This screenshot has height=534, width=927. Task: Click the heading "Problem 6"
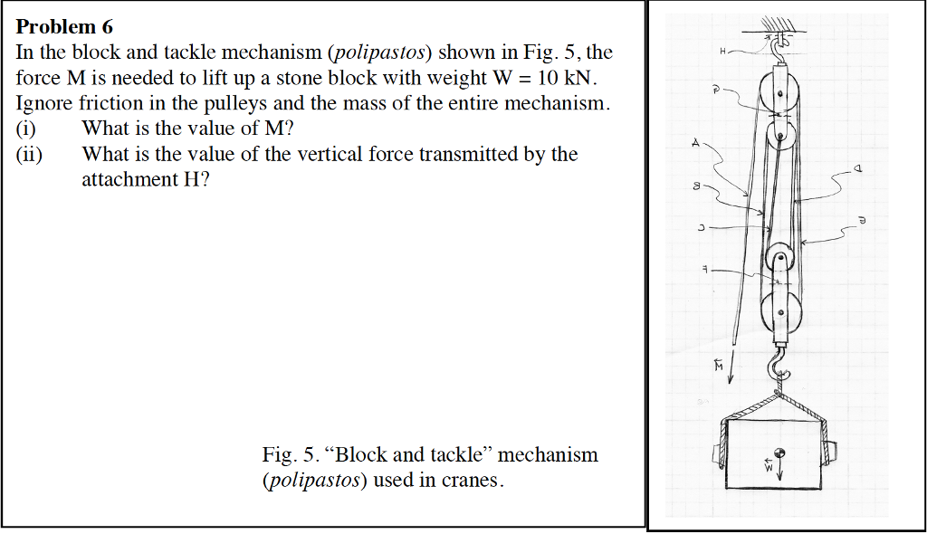tap(64, 27)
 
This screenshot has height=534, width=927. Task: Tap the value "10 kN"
tap(559, 78)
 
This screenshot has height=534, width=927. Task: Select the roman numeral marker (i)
tap(27, 129)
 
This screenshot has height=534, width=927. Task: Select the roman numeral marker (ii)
tap(30, 154)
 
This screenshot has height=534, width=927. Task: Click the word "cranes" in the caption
tap(470, 480)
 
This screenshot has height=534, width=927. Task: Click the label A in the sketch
tap(695, 143)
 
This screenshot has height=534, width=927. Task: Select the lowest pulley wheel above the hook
tap(779, 312)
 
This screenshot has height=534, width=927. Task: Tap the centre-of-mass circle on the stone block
tap(777, 453)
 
